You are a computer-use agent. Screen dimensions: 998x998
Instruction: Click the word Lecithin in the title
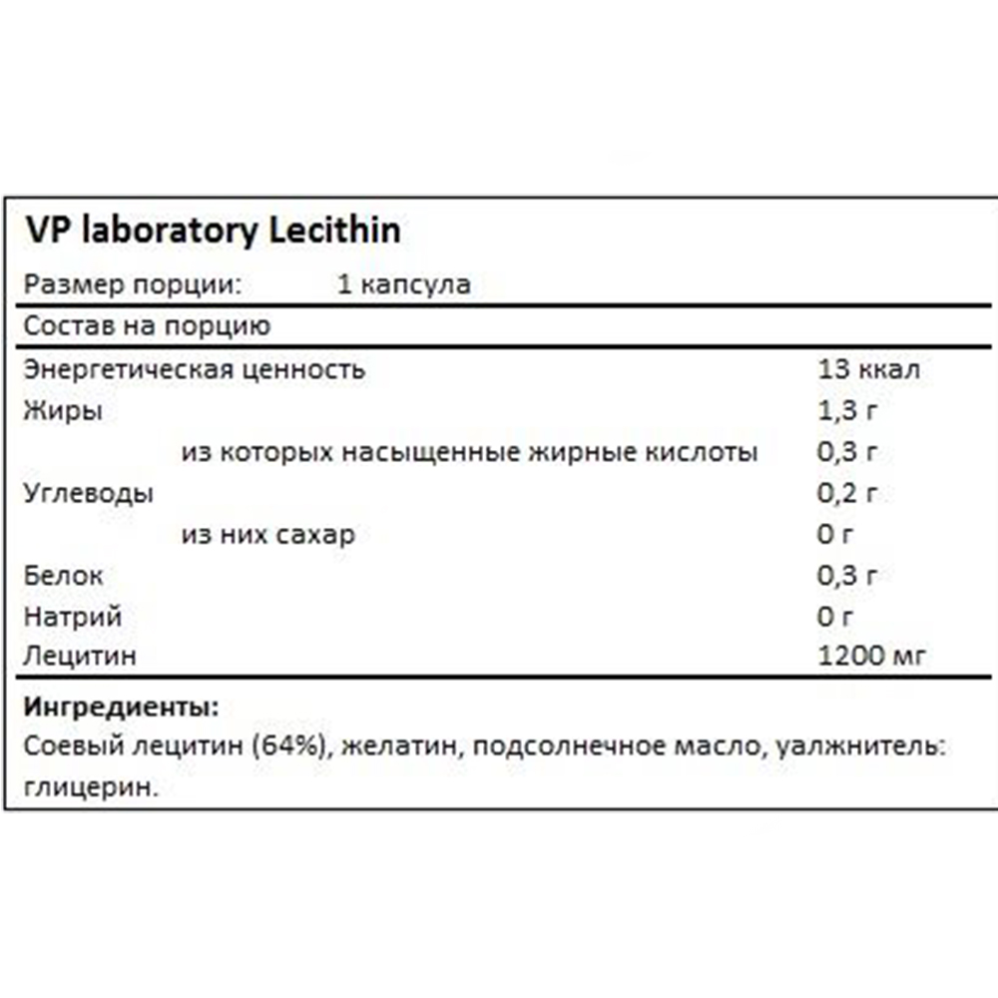pos(335,231)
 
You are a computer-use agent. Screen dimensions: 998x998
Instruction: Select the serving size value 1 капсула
pos(404,284)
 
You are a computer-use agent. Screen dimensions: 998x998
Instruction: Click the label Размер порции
pos(133,285)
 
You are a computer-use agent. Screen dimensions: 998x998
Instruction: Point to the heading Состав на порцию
pos(146,327)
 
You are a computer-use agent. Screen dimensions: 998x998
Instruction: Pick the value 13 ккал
pos(868,369)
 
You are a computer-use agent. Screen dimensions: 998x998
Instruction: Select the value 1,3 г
pos(847,411)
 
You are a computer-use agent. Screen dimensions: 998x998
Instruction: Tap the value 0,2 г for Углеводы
pos(847,494)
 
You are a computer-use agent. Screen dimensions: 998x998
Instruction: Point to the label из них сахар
pos(267,536)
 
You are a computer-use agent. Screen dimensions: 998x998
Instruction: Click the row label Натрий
pos(72,618)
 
